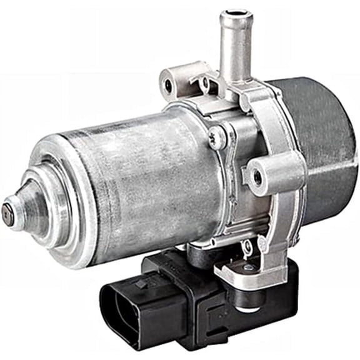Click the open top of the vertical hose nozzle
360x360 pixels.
238,14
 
